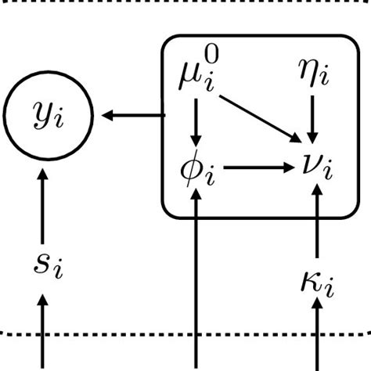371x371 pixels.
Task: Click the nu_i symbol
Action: point(318,167)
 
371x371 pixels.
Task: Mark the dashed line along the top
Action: point(185,2)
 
